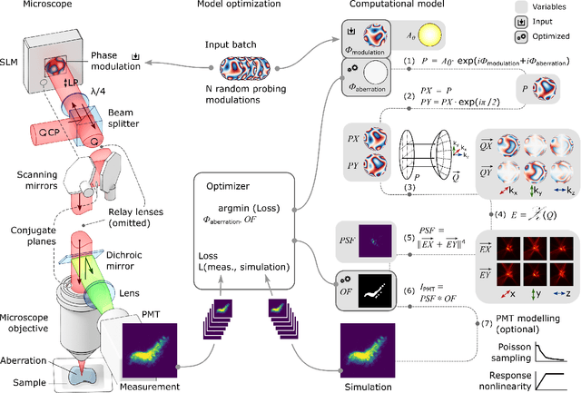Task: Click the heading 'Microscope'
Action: click(x=34, y=7)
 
